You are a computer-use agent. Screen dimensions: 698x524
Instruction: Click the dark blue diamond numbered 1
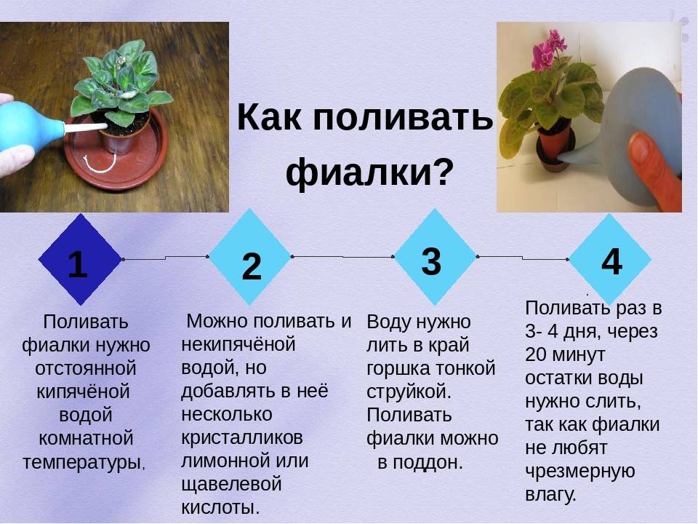80,259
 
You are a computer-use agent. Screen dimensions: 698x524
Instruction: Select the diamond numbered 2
249,257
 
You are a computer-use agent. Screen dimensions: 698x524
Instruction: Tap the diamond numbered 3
435,257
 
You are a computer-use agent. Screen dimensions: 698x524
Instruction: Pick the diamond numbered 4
610,259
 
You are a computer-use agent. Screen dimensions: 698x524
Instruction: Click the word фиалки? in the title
369,172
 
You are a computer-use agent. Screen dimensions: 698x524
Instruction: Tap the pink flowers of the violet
548,50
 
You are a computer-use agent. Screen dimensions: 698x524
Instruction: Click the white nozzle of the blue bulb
86,128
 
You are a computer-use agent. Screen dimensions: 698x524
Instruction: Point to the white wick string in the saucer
101,164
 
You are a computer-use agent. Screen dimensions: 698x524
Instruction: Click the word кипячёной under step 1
83,392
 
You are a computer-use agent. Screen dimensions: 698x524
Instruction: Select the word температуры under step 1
83,463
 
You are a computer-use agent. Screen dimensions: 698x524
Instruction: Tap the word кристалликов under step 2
242,437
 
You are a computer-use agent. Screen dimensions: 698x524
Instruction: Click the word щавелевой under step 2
231,485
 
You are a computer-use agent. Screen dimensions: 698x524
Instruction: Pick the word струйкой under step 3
407,392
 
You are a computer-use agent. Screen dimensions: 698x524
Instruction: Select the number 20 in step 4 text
536,354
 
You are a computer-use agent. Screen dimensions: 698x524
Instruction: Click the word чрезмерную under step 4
579,472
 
